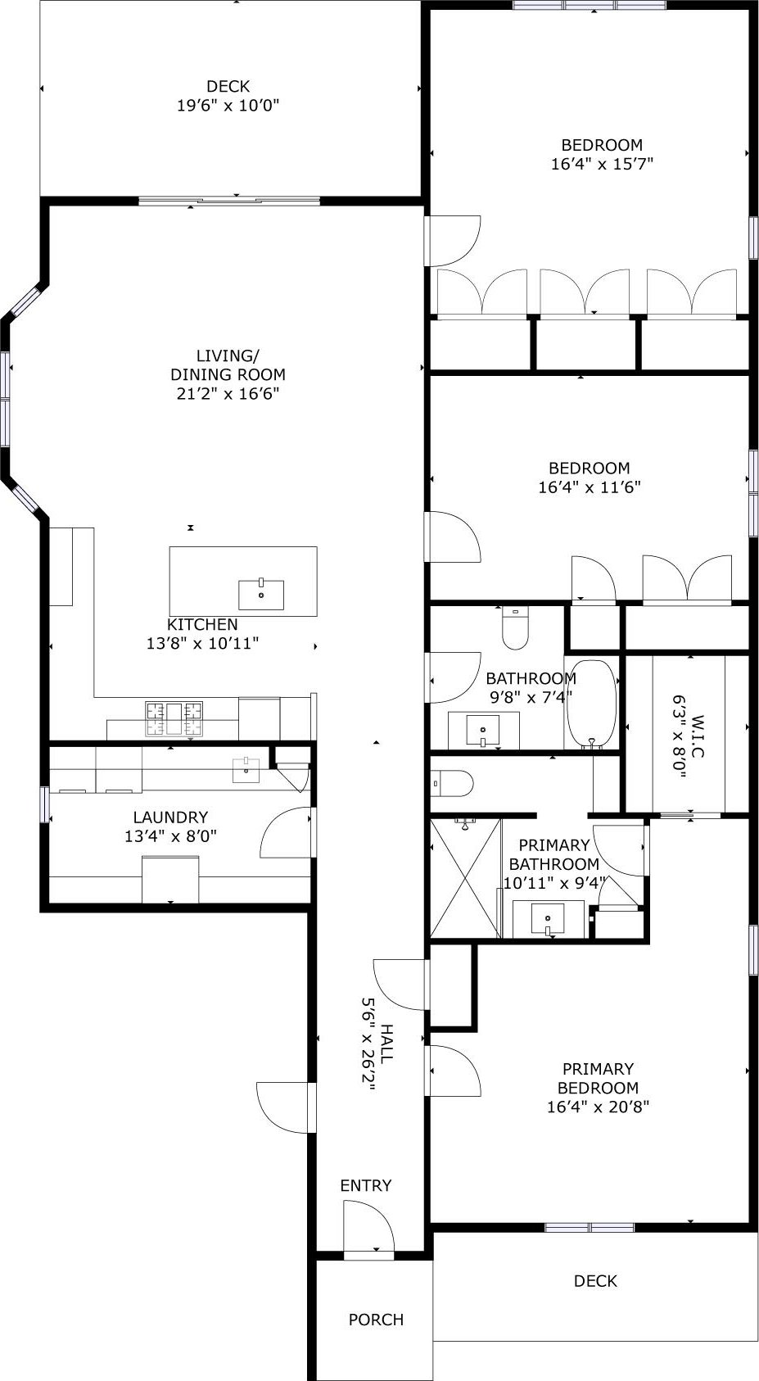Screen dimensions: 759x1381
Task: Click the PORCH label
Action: (376, 1320)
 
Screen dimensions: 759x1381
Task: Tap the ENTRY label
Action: (366, 1185)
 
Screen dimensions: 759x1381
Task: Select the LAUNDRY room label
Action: (170, 817)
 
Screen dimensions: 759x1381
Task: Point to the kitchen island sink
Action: (261, 594)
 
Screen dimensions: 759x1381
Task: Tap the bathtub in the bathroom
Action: (591, 704)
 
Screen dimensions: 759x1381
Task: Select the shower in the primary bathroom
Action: (466, 879)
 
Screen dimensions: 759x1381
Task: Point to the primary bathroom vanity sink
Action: (549, 919)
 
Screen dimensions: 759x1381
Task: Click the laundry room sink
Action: (246, 770)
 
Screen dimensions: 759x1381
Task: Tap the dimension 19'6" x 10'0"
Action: (228, 106)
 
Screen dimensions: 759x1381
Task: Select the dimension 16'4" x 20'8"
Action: (599, 1107)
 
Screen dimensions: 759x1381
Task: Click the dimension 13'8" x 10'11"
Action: (202, 643)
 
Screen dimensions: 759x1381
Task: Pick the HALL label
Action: (386, 1044)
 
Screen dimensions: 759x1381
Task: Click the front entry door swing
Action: (368, 1226)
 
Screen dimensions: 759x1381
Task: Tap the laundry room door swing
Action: (286, 832)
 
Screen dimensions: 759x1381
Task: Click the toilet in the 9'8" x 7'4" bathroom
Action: (515, 628)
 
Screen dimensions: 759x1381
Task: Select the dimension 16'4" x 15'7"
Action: (602, 164)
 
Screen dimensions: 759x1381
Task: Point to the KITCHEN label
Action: (202, 624)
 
